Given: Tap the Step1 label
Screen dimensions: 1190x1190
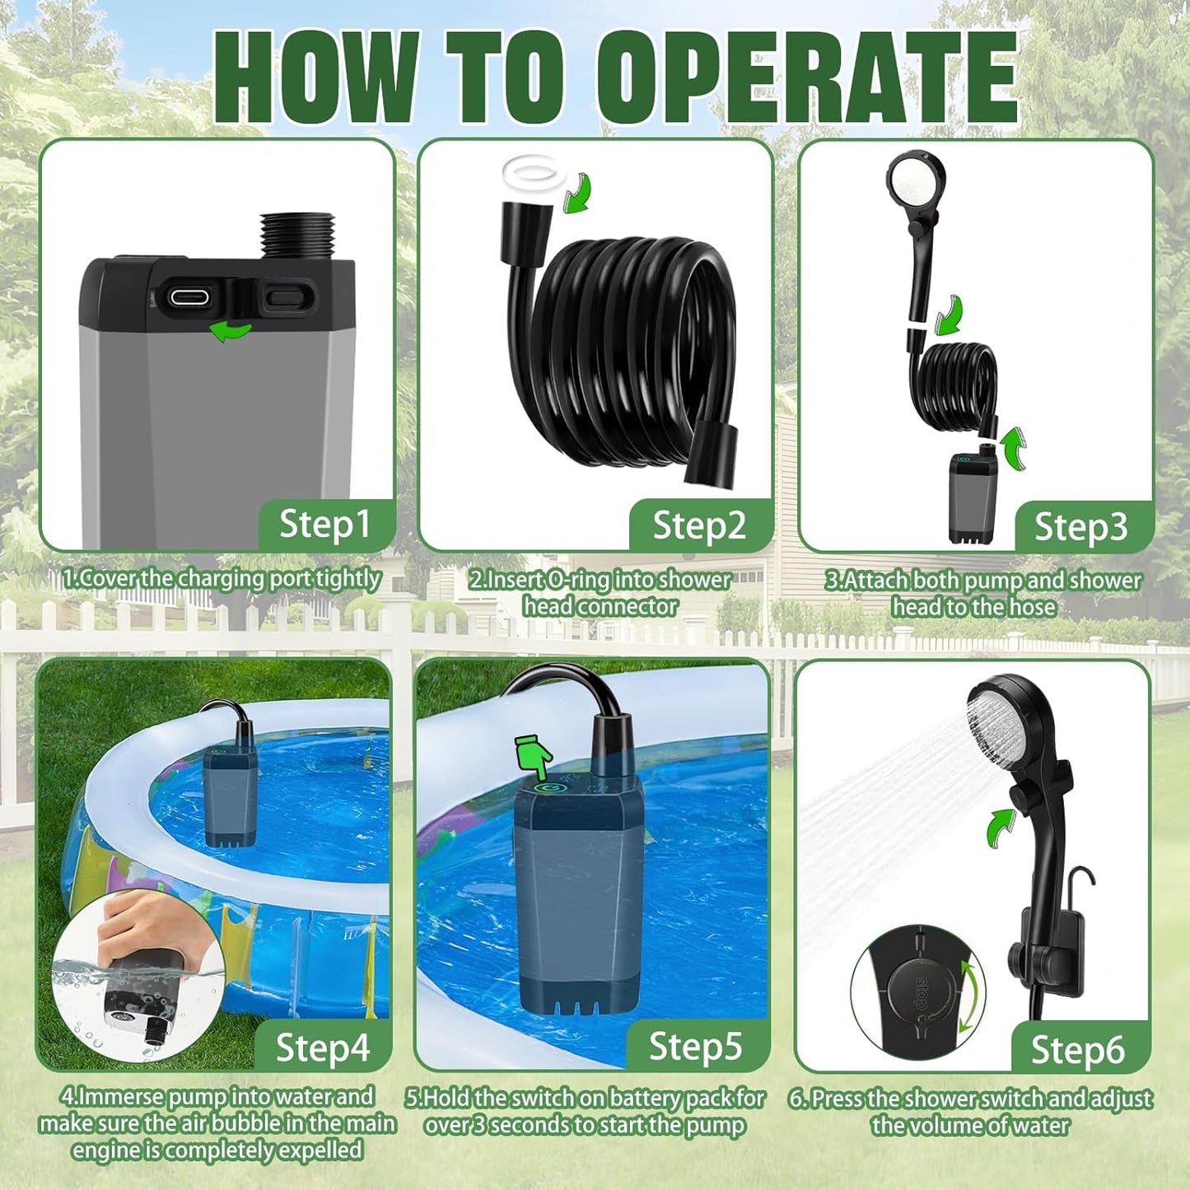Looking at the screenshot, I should click(x=324, y=525).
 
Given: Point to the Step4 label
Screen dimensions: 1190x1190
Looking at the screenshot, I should click(x=322, y=1048).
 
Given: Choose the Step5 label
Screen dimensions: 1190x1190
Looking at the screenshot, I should click(x=696, y=1047).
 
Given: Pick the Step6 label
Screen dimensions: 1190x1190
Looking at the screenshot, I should click(x=1077, y=1050).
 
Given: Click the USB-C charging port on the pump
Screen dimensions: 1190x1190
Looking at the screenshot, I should click(x=189, y=297).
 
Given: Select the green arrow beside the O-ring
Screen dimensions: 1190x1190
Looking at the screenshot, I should click(x=576, y=193).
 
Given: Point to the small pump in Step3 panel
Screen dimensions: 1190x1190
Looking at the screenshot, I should click(x=972, y=498).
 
